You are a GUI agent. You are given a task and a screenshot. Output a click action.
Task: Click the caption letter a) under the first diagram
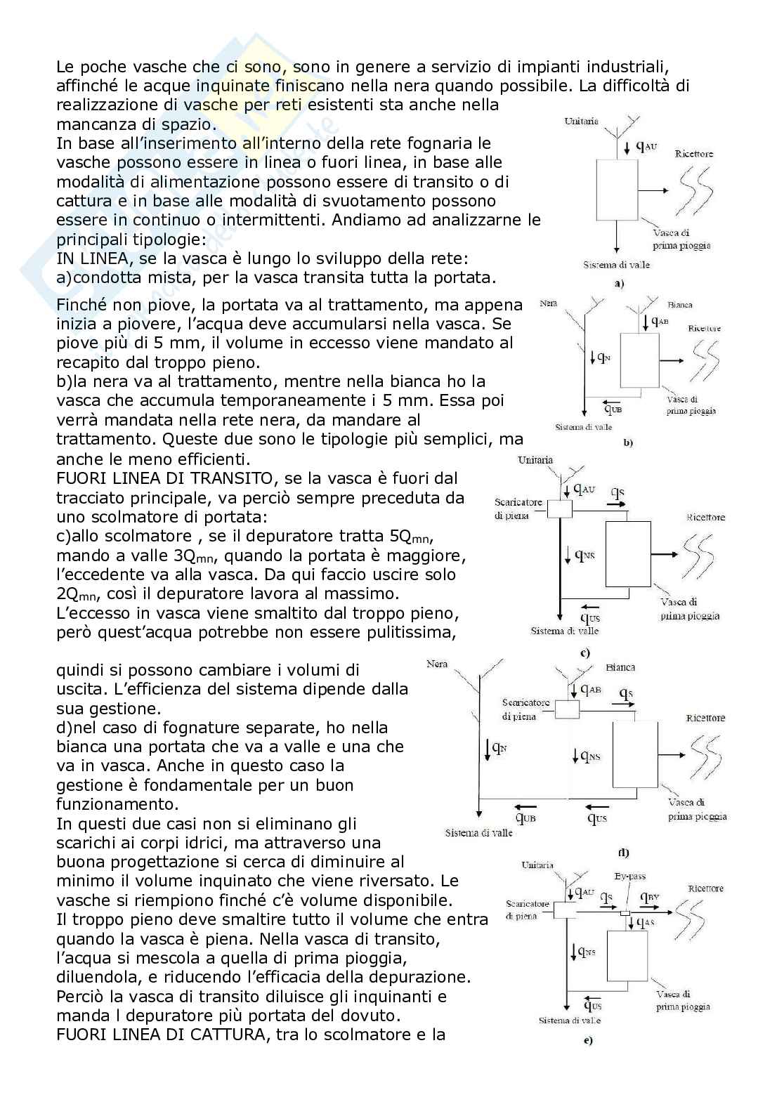[619, 284]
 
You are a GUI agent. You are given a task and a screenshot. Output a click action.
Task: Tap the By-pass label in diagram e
[629, 877]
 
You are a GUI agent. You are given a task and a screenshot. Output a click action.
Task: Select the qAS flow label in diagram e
[646, 922]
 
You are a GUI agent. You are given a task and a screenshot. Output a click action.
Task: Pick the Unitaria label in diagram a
[581, 122]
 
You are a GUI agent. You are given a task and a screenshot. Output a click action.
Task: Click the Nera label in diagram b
[549, 303]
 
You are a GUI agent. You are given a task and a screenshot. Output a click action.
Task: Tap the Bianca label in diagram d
[620, 667]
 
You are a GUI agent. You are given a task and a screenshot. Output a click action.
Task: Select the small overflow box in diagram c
[560, 508]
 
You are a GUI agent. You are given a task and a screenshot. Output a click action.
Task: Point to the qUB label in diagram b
[613, 409]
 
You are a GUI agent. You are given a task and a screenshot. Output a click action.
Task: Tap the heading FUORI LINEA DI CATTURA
[161, 1035]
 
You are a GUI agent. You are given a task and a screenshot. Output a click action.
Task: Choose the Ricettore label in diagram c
[705, 518]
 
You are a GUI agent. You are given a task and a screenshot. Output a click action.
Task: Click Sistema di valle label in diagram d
[478, 833]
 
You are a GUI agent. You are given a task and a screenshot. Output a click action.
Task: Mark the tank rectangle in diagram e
[627, 956]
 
